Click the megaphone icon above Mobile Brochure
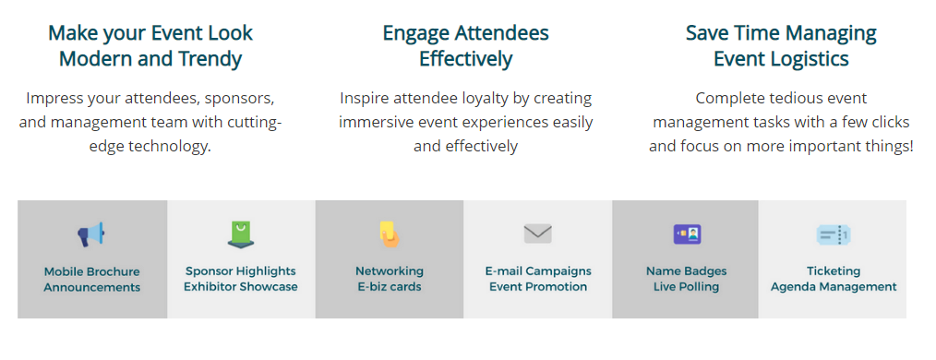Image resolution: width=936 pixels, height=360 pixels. pos(90,234)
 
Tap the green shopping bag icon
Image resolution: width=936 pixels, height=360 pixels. pos(241,234)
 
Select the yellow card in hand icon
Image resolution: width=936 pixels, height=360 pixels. pos(390,234)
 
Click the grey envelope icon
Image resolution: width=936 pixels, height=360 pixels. pos(538,234)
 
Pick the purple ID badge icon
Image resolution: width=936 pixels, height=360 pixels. pos(687,234)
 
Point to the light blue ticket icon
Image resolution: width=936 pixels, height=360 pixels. pos(834,234)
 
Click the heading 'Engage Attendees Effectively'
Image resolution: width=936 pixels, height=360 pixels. pos(465,45)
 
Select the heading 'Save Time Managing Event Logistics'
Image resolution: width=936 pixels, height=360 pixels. pos(781,45)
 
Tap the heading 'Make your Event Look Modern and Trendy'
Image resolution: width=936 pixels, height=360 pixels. pos(150,45)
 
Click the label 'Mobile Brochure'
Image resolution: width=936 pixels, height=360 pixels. pos(92,271)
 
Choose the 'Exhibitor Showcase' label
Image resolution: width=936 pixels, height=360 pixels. pos(241,286)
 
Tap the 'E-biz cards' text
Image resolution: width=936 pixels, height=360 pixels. pos(390,286)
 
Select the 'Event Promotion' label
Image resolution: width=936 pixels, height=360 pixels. pos(538,286)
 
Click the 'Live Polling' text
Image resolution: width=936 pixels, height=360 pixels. pos(686,286)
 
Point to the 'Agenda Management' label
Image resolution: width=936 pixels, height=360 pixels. pos(834,286)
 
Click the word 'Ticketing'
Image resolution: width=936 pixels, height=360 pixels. pos(834,271)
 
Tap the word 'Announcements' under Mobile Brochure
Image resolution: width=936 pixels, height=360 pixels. pos(92,287)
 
